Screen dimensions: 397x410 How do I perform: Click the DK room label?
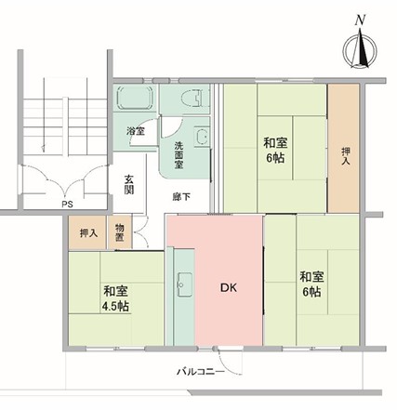pyautogui.click(x=229, y=288)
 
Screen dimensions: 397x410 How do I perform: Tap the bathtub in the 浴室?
pyautogui.click(x=136, y=97)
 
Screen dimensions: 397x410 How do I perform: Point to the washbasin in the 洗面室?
pyautogui.click(x=202, y=136)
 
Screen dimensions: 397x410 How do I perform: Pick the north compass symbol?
pyautogui.click(x=360, y=49)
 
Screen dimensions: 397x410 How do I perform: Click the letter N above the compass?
pyautogui.click(x=360, y=20)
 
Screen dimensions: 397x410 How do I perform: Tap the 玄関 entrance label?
pyautogui.click(x=129, y=184)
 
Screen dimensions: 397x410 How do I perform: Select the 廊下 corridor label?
pyautogui.click(x=181, y=196)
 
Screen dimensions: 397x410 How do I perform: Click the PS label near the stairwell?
pyautogui.click(x=67, y=205)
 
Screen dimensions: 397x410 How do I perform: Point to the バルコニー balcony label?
pyautogui.click(x=201, y=372)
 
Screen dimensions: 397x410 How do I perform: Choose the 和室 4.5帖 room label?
pyautogui.click(x=115, y=298)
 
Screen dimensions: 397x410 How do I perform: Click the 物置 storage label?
pyautogui.click(x=120, y=232)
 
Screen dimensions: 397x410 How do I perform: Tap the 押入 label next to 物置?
pyautogui.click(x=89, y=233)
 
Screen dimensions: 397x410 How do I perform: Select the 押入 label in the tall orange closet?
pyautogui.click(x=346, y=156)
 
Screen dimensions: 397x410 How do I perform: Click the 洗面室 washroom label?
pyautogui.click(x=179, y=155)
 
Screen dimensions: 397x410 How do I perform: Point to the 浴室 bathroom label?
pyautogui.click(x=135, y=131)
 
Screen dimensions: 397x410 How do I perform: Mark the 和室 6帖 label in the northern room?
pyautogui.click(x=275, y=150)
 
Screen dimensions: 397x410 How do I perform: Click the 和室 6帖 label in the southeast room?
pyautogui.click(x=311, y=284)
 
